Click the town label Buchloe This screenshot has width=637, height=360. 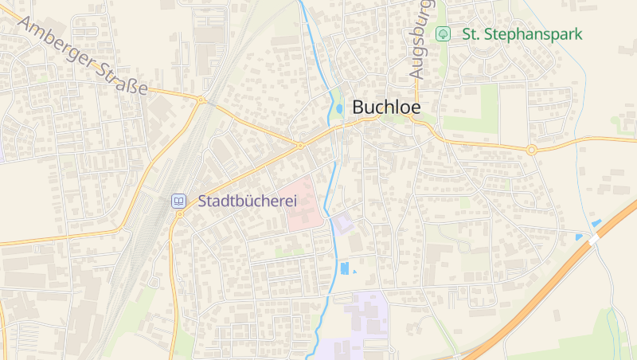pos(385,107)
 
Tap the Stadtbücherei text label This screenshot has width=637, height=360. pos(247,202)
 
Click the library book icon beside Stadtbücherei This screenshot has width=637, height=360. pos(179,201)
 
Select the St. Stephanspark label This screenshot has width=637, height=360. pos(522,34)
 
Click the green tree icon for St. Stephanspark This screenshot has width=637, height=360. pos(443,34)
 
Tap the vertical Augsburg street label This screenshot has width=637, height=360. pos(420,40)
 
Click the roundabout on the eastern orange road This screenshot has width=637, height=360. pos(531,149)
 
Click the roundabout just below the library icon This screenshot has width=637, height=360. pos(180,213)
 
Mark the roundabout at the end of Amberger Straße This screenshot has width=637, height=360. pos(202,100)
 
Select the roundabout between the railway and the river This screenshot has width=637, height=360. pos(301,145)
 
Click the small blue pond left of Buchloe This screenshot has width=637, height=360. pos(340,108)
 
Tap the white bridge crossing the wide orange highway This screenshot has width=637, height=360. pos(594,237)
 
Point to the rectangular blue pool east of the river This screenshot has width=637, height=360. pos(345,268)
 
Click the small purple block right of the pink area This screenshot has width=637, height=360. pos(343,224)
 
